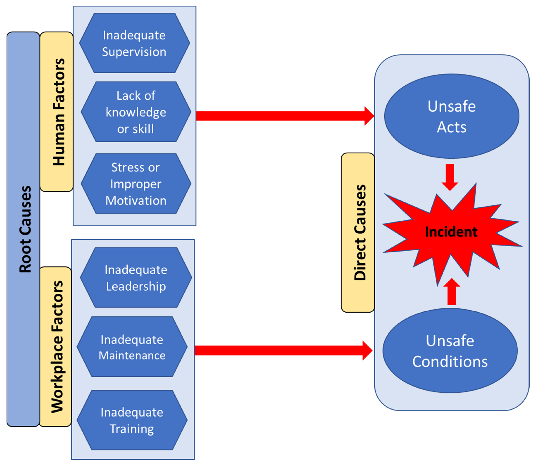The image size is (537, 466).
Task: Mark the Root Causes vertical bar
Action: point(23,229)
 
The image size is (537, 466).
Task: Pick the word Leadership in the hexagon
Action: point(136,286)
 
